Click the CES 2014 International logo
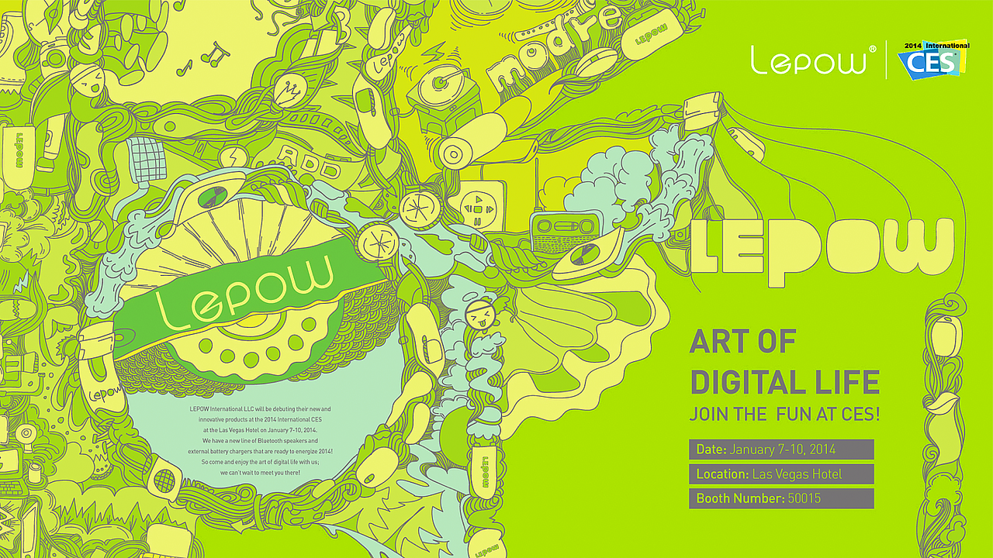point(933,59)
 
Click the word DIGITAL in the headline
point(747,382)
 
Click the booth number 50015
point(804,498)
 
